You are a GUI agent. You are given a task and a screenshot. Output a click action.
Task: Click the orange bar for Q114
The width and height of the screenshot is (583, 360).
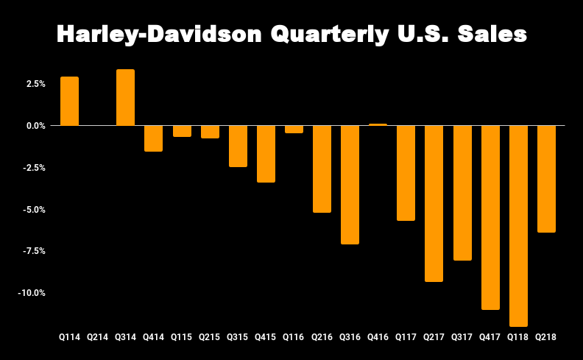(x=69, y=101)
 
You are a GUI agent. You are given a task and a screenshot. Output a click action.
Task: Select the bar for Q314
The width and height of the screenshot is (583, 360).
(x=125, y=97)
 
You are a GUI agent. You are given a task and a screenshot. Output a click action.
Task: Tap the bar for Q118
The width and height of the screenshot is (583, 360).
(x=518, y=225)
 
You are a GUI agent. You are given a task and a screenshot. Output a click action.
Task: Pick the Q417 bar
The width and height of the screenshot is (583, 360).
(x=490, y=217)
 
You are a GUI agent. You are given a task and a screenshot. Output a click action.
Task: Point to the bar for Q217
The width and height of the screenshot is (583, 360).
(x=434, y=203)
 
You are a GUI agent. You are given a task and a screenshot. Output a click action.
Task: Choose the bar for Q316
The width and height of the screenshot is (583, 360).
(x=350, y=185)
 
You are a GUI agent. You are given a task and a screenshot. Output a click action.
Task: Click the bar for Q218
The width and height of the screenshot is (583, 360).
(x=546, y=179)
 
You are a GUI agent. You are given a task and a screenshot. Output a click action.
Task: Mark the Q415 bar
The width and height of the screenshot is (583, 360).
(x=266, y=154)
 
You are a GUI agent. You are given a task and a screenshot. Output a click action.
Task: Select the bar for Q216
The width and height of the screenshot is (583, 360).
(x=322, y=169)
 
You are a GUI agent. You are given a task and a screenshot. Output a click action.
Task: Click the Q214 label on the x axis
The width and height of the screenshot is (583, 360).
(x=97, y=337)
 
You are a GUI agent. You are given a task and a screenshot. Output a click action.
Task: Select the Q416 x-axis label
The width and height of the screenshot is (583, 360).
(x=378, y=337)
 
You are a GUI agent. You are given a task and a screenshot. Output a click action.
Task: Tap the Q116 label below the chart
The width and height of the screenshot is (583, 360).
(x=294, y=337)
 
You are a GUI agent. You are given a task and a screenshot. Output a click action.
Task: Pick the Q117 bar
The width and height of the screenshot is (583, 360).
(x=406, y=173)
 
